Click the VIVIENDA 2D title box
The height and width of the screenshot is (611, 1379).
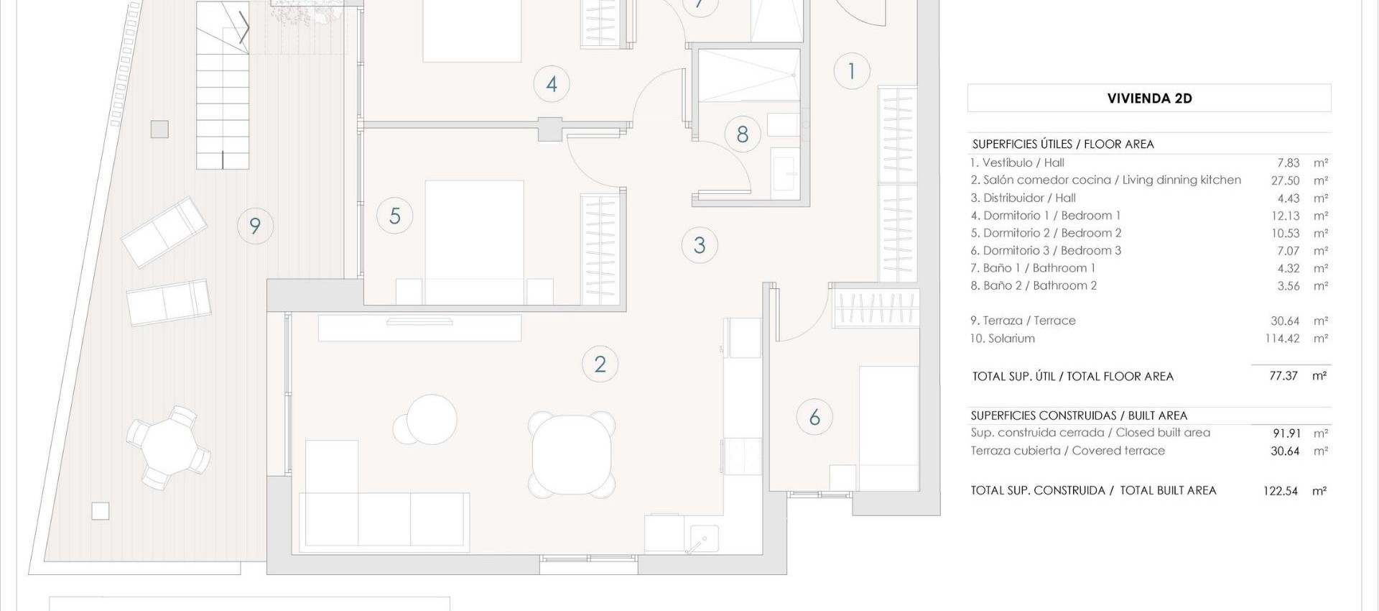(1149, 98)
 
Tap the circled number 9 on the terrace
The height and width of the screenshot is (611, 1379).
(255, 226)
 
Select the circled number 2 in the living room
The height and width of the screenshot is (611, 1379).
(600, 364)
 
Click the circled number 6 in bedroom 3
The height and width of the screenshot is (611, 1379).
(814, 417)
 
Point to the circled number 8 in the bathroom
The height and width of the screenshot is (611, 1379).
(743, 134)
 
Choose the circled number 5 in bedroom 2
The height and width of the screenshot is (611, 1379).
(394, 216)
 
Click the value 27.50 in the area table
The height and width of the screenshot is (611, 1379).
(1285, 180)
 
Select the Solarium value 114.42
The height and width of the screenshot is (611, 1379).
(1282, 339)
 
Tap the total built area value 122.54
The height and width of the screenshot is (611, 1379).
(1280, 491)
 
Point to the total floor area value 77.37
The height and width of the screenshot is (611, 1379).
(1283, 376)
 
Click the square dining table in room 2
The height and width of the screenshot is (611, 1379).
(572, 455)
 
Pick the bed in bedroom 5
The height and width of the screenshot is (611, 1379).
(474, 241)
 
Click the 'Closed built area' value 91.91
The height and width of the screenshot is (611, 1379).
(1286, 433)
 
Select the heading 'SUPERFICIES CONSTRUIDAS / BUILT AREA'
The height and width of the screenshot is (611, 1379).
(1079, 415)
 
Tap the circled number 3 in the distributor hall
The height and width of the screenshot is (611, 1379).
(700, 246)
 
